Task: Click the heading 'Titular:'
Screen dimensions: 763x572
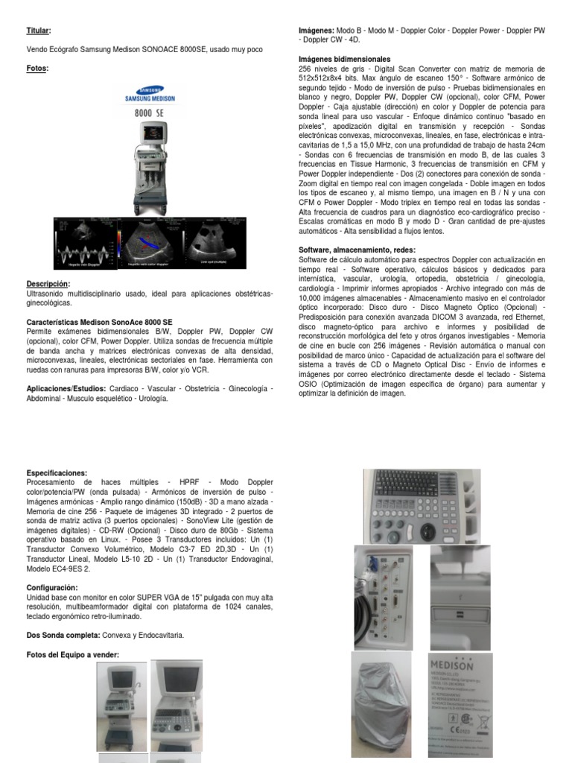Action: click(x=39, y=31)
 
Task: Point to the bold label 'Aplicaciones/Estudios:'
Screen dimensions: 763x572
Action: click(x=66, y=389)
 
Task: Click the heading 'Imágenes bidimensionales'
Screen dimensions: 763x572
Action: click(x=343, y=58)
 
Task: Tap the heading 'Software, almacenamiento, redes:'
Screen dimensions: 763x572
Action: click(x=357, y=250)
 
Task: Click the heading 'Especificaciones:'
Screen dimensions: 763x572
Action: click(x=57, y=473)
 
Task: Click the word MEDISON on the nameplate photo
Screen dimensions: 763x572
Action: click(x=451, y=663)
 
